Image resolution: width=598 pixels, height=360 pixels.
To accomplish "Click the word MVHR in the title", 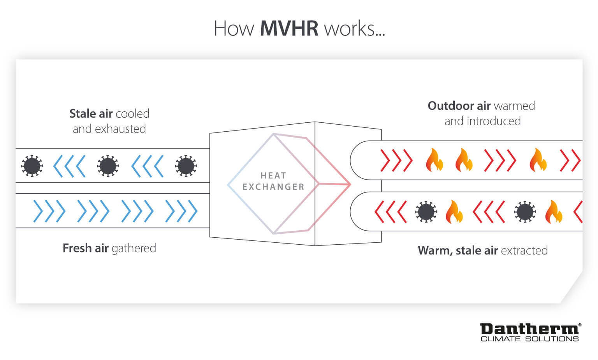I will [289, 28].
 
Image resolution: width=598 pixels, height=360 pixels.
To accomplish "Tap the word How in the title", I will [234, 28].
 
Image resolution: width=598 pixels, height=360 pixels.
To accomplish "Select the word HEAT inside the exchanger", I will [273, 176].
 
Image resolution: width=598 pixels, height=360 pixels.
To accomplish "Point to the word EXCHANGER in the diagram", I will [273, 187].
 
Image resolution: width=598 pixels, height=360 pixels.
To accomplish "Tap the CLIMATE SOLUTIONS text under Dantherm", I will [529, 339].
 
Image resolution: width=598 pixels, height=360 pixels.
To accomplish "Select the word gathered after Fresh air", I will [134, 248].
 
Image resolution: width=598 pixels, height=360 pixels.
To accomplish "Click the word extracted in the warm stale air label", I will [524, 251].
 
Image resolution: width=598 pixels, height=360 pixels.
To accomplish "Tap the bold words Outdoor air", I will [459, 106].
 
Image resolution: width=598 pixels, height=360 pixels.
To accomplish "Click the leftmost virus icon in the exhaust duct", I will [32, 166].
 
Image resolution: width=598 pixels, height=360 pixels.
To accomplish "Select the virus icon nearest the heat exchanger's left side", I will [186, 166].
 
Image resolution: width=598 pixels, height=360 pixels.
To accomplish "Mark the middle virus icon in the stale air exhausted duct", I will [108, 166].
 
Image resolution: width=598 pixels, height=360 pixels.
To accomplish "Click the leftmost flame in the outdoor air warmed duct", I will [434, 160].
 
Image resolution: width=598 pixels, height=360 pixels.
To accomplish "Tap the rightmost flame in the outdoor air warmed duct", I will [538, 160].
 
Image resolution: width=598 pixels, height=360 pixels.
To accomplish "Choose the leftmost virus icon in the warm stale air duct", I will [426, 212].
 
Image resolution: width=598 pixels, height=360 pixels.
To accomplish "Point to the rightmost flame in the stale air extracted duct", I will [553, 212].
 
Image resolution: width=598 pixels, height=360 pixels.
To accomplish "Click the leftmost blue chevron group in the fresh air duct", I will [49, 211].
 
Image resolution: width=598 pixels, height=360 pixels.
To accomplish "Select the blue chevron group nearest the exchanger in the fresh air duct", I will [181, 211].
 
